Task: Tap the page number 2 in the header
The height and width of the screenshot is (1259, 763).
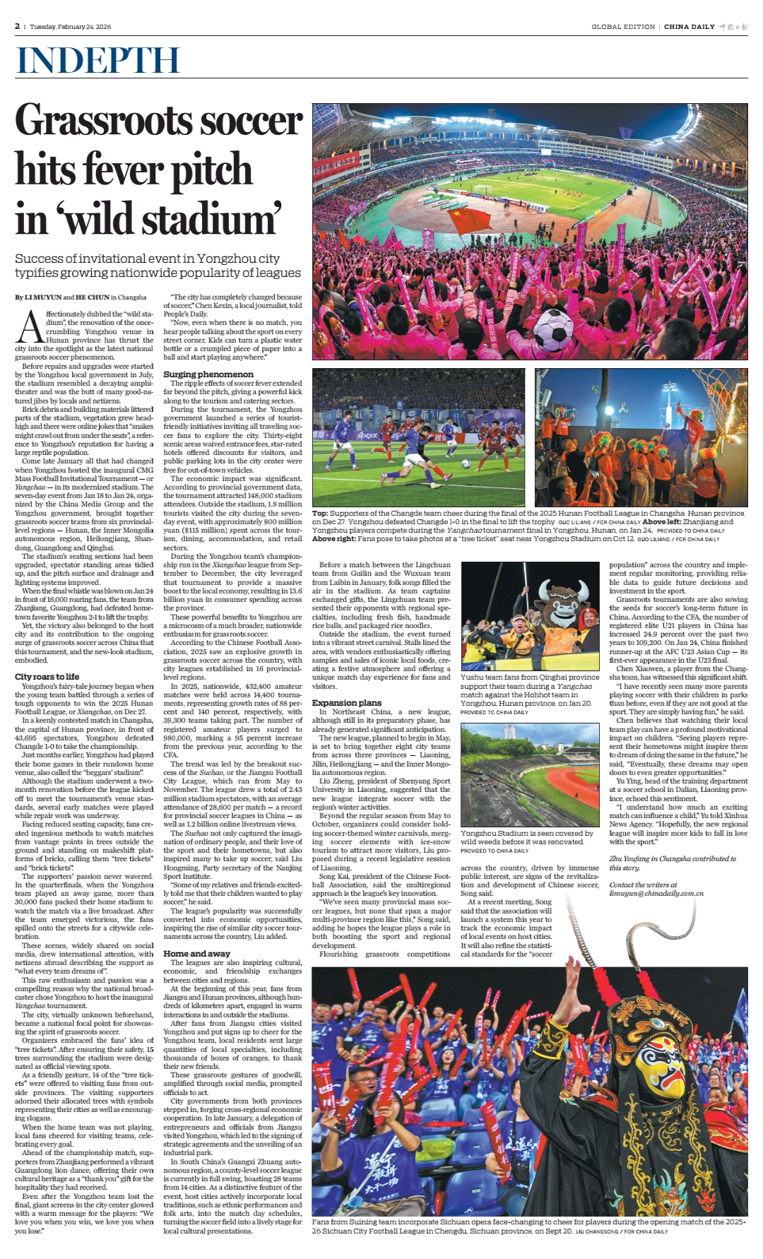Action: (17, 27)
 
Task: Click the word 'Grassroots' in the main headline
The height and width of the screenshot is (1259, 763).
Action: (158, 120)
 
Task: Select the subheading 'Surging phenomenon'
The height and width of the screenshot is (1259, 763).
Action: (208, 374)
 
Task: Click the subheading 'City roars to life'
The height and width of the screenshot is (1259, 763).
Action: (47, 677)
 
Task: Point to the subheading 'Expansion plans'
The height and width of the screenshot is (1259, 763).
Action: (346, 703)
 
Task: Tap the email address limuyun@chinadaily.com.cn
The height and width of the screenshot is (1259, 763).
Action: (656, 893)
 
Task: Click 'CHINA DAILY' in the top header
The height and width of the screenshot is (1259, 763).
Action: (689, 27)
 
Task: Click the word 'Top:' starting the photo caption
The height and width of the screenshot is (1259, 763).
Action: (320, 514)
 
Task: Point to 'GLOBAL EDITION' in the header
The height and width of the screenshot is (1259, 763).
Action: (623, 27)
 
